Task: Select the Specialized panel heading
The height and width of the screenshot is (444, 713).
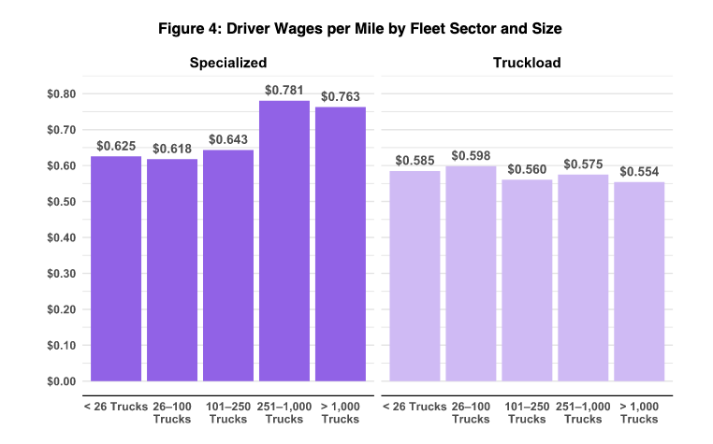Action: click(x=228, y=63)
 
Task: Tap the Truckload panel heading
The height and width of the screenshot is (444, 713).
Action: click(x=527, y=63)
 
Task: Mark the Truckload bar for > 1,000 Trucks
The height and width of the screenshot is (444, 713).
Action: click(x=639, y=281)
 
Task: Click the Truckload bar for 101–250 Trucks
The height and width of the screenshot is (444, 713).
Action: click(x=527, y=280)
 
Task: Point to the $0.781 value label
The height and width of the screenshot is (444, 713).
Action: click(x=284, y=91)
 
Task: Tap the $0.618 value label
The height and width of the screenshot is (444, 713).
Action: click(x=172, y=149)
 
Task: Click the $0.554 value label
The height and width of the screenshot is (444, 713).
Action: click(x=639, y=172)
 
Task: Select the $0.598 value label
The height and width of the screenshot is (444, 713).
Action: click(x=471, y=156)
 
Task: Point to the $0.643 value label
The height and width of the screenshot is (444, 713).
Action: click(x=228, y=140)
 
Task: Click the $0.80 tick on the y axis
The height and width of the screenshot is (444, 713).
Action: click(x=60, y=94)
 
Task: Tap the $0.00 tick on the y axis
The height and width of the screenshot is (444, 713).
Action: click(x=60, y=381)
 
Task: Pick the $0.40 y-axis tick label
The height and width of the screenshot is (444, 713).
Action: click(x=60, y=237)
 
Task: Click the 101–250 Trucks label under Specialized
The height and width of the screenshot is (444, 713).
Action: click(x=228, y=412)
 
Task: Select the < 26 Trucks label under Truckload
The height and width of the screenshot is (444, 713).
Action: click(x=415, y=407)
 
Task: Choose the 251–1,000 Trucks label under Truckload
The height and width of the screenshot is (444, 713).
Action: click(x=583, y=412)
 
